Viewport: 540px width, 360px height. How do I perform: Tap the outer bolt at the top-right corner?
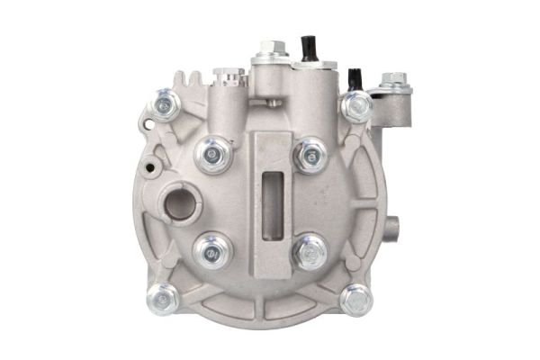pos(356,106)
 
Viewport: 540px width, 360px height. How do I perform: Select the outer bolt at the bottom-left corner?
pos(163,297)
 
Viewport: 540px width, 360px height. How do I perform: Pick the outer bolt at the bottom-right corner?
pos(355,298)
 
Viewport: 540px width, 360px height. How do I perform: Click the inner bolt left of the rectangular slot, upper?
pos(213,155)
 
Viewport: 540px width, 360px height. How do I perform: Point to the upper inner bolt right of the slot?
pos(311,155)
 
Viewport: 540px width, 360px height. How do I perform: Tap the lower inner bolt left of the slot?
pos(213,250)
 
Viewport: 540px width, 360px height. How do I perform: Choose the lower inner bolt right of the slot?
pos(311,250)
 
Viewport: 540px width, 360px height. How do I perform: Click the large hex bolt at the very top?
pos(273,50)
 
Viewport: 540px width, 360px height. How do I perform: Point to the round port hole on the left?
pos(179,204)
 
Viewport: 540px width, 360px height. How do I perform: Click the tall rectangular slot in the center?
pos(272,199)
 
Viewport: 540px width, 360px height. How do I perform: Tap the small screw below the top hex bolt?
pos(272,103)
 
